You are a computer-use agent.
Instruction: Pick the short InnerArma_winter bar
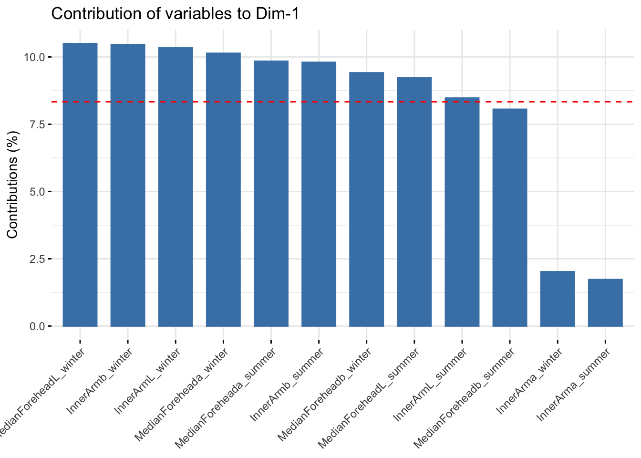click(x=557, y=299)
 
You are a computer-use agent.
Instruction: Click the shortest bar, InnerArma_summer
click(x=605, y=302)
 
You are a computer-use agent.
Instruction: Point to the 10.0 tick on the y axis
click(x=34, y=57)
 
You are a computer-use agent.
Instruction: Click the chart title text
click(x=175, y=14)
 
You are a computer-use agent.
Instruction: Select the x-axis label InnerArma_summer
click(x=574, y=385)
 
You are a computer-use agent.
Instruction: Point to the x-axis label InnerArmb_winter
click(x=100, y=382)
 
